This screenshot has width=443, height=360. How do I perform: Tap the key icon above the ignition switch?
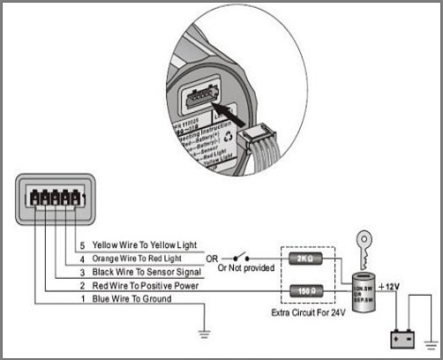365,244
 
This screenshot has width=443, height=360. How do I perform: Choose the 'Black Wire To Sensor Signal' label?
141,273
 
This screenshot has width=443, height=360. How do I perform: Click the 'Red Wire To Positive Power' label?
140,287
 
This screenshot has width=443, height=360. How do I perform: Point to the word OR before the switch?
212,259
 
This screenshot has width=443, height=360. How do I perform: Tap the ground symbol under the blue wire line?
202,333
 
